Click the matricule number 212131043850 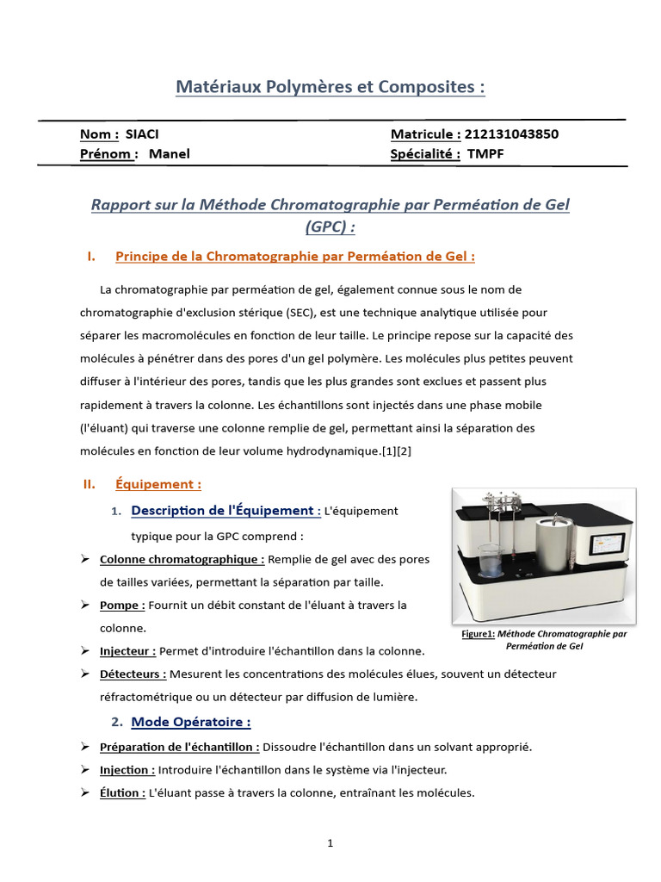pos(511,134)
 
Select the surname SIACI pos(142,134)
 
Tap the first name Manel pos(169,154)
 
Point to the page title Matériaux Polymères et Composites pos(330,87)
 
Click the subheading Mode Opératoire pos(190,722)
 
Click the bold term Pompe pos(122,606)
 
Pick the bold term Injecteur pos(127,652)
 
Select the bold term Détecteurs pos(133,674)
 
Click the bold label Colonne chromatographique pos(182,559)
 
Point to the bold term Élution pos(122,793)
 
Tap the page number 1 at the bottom pos(330,844)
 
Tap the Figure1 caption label pos(478,634)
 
